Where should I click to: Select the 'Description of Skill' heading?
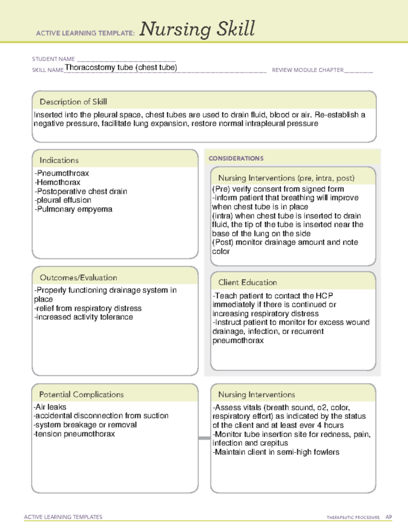click(x=73, y=102)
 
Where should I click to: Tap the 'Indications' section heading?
click(x=59, y=160)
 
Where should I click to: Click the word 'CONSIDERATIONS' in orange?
click(x=236, y=158)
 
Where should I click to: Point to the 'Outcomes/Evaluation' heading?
click(x=78, y=278)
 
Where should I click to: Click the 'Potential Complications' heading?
click(x=81, y=394)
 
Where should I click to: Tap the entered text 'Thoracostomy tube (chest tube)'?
click(x=121, y=67)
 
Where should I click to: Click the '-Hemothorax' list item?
click(x=57, y=182)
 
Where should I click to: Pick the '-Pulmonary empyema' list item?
click(x=73, y=209)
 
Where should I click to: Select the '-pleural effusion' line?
click(x=63, y=200)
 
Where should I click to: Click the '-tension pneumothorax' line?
click(x=74, y=434)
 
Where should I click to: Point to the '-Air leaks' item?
click(x=50, y=407)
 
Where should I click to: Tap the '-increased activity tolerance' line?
click(x=83, y=317)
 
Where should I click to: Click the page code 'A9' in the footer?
click(x=388, y=516)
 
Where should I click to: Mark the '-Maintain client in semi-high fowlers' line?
click(x=276, y=452)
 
